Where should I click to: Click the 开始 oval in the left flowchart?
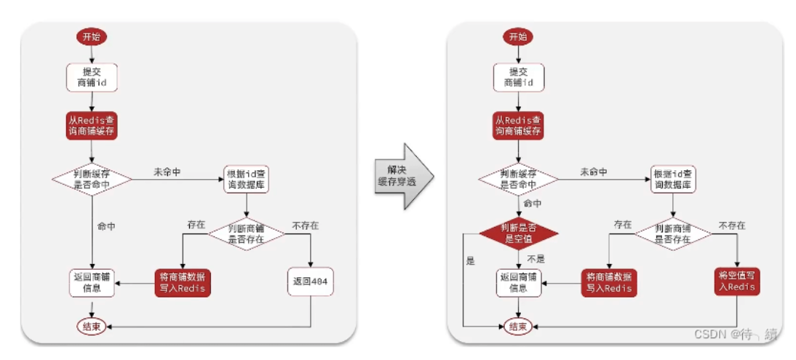tap(92, 36)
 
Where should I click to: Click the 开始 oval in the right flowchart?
tap(518, 36)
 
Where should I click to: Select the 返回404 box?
tap(310, 281)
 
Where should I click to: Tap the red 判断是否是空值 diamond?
tap(519, 234)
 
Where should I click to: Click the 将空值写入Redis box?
tap(736, 281)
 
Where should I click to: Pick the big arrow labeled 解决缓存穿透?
tap(404, 176)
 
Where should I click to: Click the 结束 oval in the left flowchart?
tap(92, 326)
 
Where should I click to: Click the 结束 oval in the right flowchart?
tap(518, 326)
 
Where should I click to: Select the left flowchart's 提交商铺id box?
tap(92, 78)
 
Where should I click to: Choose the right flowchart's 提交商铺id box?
tap(518, 78)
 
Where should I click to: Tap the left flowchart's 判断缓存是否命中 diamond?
tap(92, 179)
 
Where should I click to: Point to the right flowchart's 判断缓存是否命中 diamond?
tap(519, 179)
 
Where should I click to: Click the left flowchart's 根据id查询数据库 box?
tap(246, 179)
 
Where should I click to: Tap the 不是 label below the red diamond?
tap(536, 259)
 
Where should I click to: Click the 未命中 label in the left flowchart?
tap(167, 172)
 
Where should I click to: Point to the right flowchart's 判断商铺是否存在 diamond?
tap(673, 233)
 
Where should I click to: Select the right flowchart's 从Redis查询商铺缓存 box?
tap(518, 125)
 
